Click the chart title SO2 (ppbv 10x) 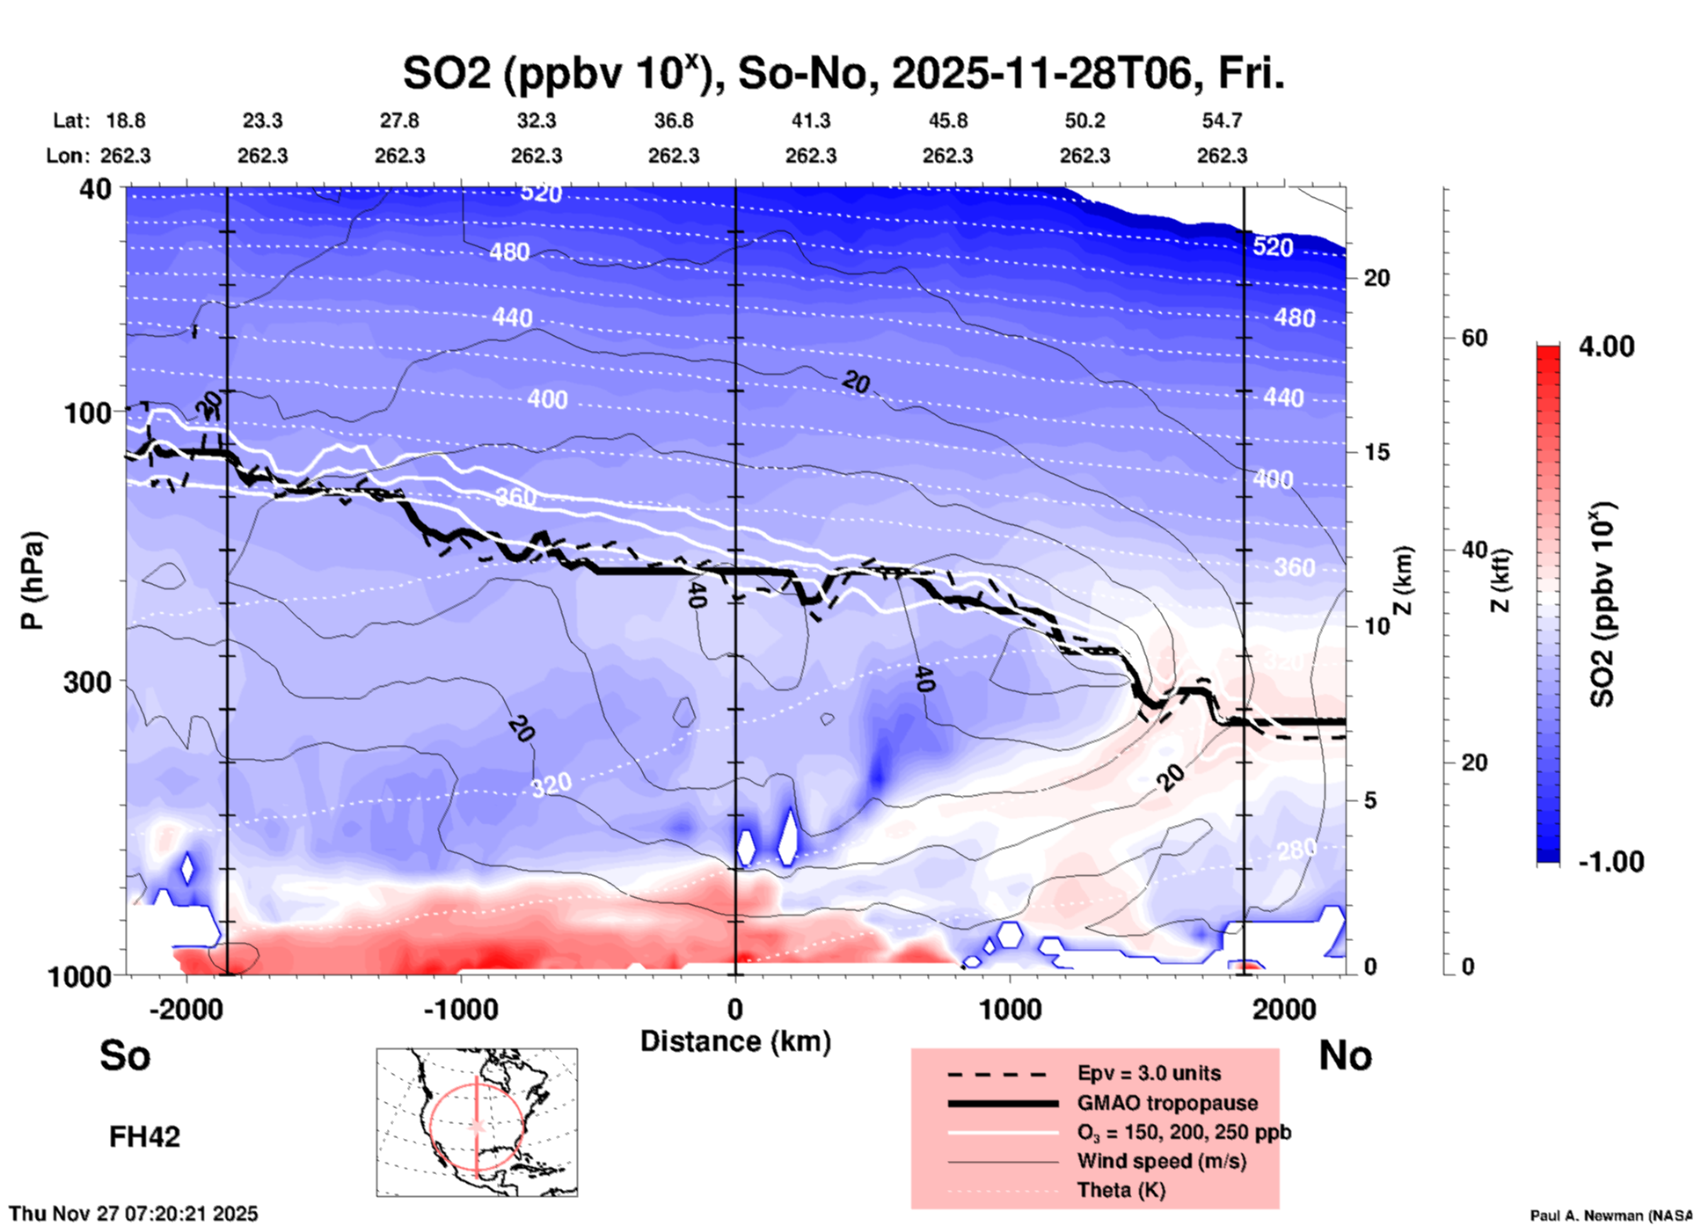pos(843,73)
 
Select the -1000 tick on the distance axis pos(460,1009)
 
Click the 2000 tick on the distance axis pos(1284,1009)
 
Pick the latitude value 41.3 pos(810,120)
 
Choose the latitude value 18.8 pos(126,120)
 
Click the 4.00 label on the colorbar pos(1606,347)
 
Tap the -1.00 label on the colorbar pos(1610,862)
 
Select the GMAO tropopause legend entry pos(1167,1103)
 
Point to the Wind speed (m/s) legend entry pos(1161,1161)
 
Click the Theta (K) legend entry pos(1121,1190)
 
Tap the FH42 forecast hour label pos(144,1136)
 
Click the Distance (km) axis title pos(735,1041)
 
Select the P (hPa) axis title pos(33,580)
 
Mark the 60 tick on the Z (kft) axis pos(1474,338)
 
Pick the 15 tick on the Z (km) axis pos(1376,452)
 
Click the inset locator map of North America pos(477,1121)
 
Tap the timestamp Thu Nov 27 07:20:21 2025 pos(134,1214)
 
